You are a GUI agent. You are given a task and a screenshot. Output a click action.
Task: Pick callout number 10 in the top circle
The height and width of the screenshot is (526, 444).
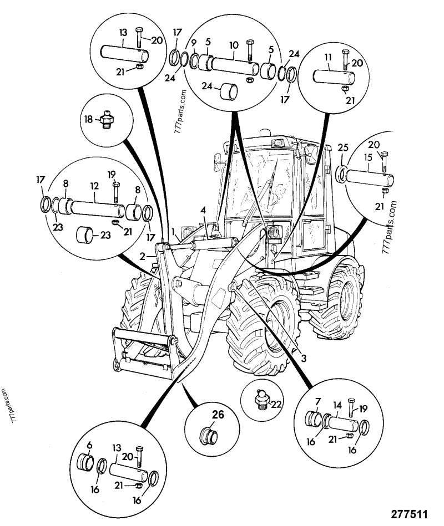[x=234, y=44]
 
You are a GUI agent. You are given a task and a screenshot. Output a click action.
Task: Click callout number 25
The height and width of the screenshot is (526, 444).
[x=342, y=148]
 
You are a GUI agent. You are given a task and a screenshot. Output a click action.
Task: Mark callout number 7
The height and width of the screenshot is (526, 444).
[x=317, y=401]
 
